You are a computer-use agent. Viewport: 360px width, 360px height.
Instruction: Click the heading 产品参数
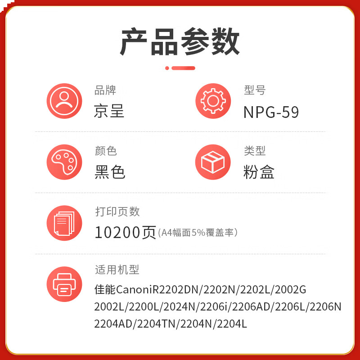[180, 43]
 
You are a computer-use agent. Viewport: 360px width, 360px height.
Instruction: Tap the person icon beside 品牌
[64, 101]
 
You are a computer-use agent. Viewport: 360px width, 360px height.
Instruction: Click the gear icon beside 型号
[213, 101]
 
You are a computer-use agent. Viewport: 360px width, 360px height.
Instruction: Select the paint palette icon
[64, 162]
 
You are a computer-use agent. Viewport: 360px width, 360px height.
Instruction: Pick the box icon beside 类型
[213, 162]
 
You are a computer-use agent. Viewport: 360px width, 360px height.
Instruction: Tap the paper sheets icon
[64, 223]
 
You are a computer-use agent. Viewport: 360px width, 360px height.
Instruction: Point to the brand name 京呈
[109, 112]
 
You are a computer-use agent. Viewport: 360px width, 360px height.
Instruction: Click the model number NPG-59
[271, 112]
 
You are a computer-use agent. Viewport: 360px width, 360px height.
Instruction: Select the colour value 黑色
[110, 172]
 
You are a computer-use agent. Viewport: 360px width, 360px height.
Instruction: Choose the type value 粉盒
[259, 172]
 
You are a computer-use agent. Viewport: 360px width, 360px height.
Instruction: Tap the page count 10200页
[125, 232]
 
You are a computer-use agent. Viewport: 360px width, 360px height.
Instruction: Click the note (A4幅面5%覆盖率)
[198, 233]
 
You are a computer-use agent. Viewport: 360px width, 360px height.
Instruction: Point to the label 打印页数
[117, 211]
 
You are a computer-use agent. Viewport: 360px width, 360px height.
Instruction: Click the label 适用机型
[117, 270]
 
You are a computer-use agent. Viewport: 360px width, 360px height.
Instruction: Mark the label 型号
[255, 90]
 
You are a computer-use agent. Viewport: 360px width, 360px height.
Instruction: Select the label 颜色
[106, 151]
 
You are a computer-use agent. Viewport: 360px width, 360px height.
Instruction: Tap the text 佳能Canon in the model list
[120, 289]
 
